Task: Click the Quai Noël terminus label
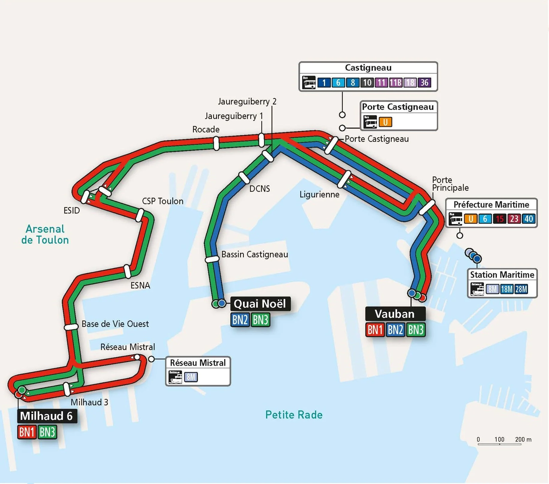[x=260, y=304]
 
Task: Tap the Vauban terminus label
[x=395, y=314]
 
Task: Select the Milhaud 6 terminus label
[x=46, y=416]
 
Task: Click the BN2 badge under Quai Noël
[x=240, y=320]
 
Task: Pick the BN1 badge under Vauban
[x=375, y=330]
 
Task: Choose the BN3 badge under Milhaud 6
[x=47, y=432]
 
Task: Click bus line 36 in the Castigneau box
[x=424, y=82]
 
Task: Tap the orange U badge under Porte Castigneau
[x=385, y=122]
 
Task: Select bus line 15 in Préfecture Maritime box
[x=500, y=219]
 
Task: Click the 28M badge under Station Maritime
[x=521, y=289]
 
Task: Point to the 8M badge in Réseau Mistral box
[x=191, y=377]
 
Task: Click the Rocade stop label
[x=206, y=129]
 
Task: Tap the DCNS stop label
[x=260, y=189]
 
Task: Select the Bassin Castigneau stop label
[x=254, y=254]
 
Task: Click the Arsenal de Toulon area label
[x=45, y=235]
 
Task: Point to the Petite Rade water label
[x=294, y=415]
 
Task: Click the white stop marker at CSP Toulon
[x=140, y=215]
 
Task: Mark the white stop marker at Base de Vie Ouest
[x=71, y=327]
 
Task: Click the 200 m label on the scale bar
[x=523, y=439]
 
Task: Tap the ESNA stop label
[x=140, y=285]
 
